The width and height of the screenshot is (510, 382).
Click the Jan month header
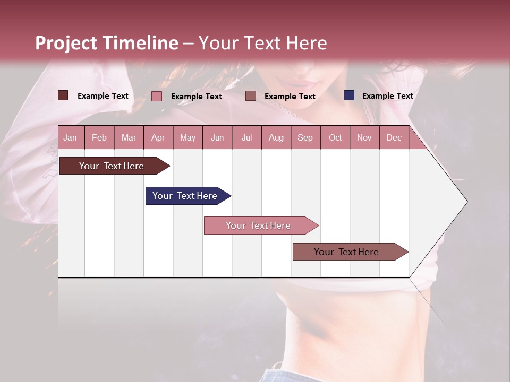(x=70, y=137)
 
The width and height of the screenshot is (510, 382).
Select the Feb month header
(x=99, y=137)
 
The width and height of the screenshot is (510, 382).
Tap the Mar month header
(x=129, y=137)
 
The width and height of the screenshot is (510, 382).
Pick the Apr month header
(x=158, y=137)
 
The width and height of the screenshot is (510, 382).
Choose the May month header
(x=188, y=137)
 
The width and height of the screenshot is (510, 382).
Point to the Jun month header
(x=217, y=137)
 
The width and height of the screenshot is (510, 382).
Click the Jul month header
(x=246, y=137)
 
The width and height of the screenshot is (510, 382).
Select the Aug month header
(x=276, y=137)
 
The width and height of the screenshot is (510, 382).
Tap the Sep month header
(x=305, y=137)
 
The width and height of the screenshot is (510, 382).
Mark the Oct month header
(x=335, y=137)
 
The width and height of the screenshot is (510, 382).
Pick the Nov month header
(x=364, y=137)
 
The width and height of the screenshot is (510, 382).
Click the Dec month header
(x=394, y=137)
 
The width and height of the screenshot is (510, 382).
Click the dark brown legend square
(x=63, y=95)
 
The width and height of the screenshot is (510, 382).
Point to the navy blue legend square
(x=349, y=95)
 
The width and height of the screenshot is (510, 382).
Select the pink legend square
(x=157, y=96)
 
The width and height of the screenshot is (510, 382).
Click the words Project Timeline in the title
(x=107, y=43)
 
